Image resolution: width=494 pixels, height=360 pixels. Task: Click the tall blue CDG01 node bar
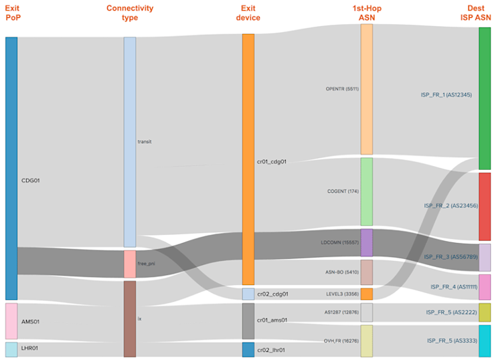(11, 167)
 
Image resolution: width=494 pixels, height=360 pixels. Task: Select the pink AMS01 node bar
(11, 321)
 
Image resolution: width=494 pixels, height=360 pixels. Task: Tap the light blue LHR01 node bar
(11, 349)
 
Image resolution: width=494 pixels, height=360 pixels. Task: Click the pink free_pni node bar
(130, 264)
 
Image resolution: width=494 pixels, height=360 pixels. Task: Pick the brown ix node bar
(130, 319)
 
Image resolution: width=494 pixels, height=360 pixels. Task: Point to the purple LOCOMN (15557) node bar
(366, 243)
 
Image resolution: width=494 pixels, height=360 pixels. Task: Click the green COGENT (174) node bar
(366, 191)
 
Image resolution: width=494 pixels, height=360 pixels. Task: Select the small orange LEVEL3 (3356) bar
(366, 294)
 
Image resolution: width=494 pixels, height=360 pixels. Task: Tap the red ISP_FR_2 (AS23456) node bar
(485, 206)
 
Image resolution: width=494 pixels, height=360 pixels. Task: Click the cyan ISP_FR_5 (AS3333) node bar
(485, 341)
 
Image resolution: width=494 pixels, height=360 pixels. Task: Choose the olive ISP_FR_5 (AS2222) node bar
(485, 312)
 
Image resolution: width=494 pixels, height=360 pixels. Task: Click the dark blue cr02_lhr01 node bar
(248, 349)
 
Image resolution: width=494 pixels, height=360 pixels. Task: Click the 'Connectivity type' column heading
(130, 13)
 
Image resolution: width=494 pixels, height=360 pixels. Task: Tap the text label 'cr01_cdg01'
(271, 161)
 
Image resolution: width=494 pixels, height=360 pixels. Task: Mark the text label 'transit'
(145, 142)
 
